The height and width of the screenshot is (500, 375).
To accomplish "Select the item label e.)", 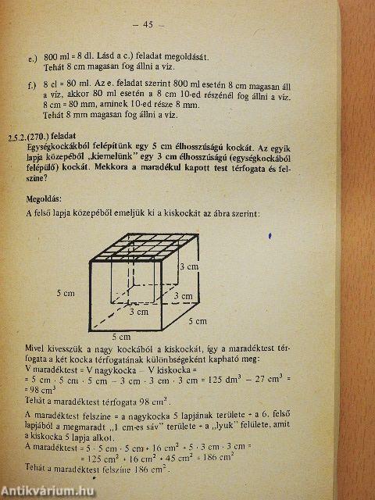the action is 32,58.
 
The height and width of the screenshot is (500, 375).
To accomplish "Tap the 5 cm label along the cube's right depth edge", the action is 198,321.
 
